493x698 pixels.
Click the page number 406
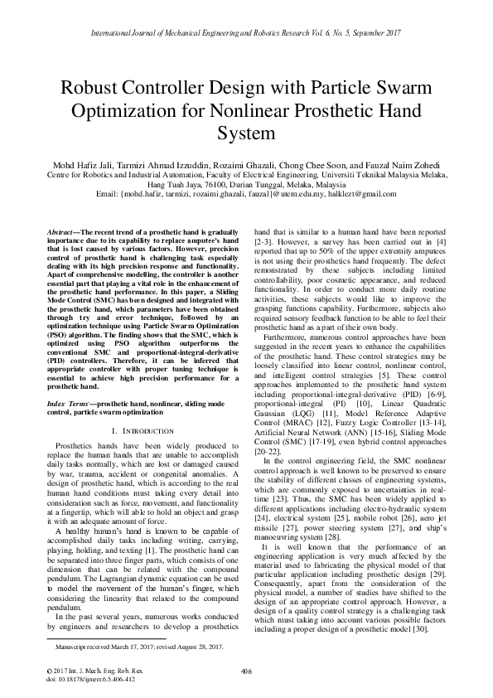(x=246, y=671)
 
